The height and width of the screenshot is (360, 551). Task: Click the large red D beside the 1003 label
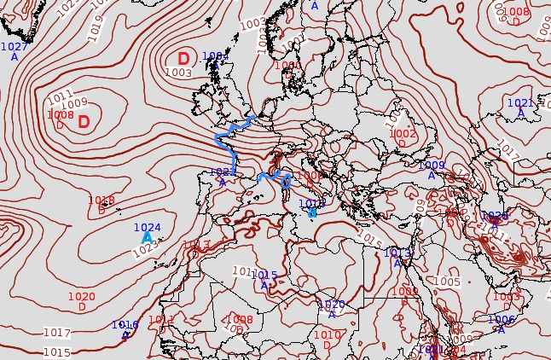click(183, 59)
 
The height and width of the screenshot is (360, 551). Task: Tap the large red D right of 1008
click(84, 122)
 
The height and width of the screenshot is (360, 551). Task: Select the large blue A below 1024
click(147, 238)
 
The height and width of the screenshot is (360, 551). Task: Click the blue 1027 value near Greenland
click(14, 47)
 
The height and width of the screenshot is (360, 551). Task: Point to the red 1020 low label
click(82, 297)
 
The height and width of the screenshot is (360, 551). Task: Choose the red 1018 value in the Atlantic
click(101, 200)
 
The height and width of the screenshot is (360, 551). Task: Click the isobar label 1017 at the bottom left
click(56, 333)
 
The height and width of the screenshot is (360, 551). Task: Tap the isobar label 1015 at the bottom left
click(56, 352)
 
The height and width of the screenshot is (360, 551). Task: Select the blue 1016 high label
click(125, 325)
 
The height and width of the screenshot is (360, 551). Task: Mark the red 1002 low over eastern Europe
click(403, 134)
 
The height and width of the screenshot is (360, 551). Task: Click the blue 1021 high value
click(520, 103)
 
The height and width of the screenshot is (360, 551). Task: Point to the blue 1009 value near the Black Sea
click(432, 165)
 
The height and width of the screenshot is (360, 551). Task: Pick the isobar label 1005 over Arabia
click(447, 282)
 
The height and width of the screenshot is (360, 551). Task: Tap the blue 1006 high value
click(502, 319)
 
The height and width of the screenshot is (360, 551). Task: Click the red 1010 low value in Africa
click(328, 335)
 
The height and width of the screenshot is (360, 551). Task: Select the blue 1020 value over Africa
click(331, 305)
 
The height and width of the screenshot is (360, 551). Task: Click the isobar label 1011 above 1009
click(60, 96)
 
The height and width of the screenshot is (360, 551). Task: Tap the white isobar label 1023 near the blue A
click(147, 248)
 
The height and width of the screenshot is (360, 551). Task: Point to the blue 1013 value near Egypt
click(397, 253)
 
